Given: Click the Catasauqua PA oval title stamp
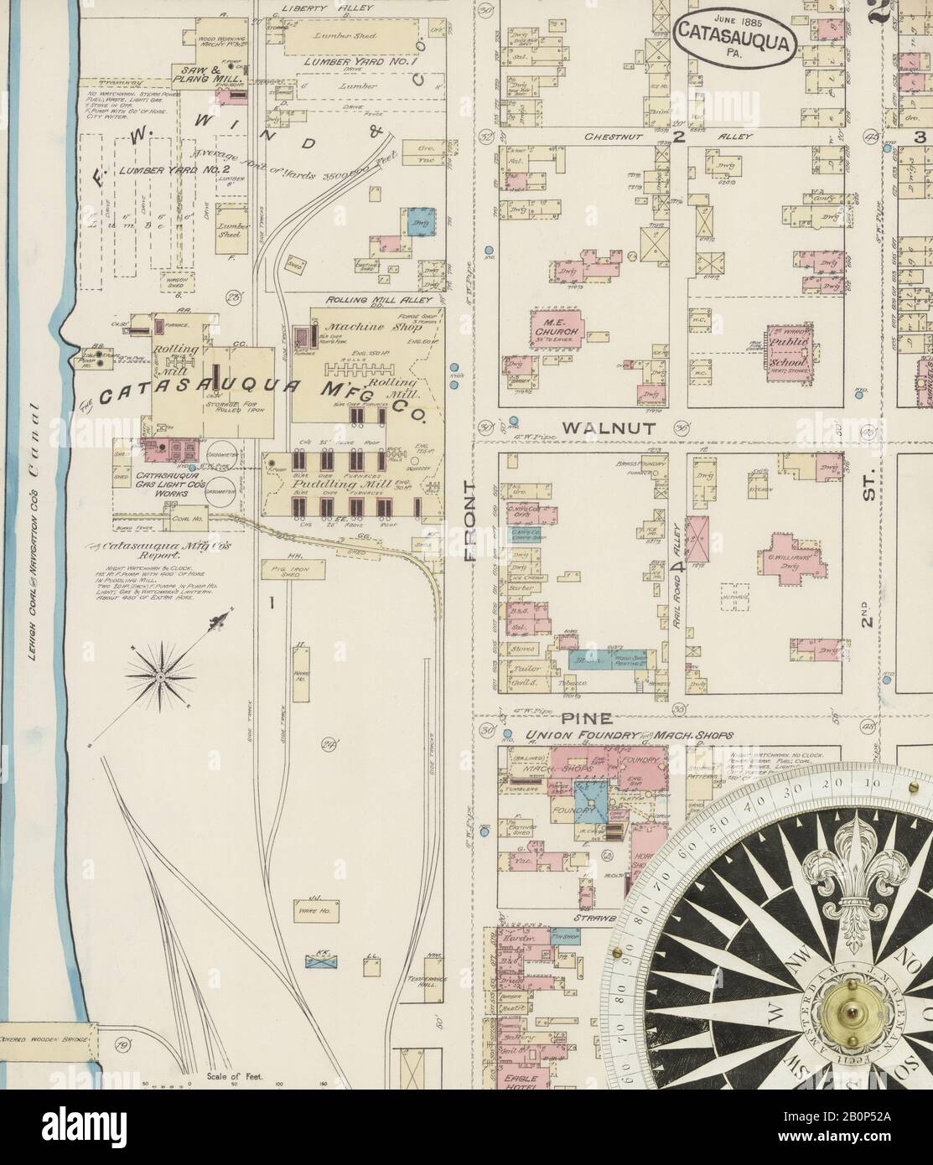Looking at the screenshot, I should tap(733, 36).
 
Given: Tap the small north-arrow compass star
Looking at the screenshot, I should tap(160, 672).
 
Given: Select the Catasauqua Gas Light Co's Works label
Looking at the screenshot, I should tap(161, 485).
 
